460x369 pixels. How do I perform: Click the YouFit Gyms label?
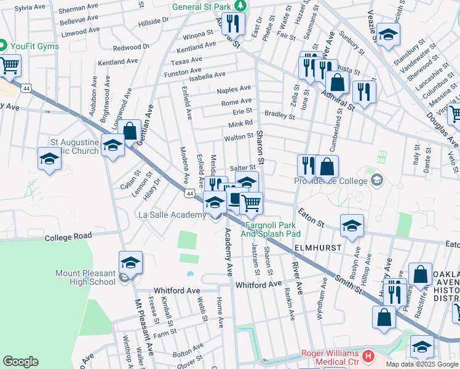[x=33, y=46]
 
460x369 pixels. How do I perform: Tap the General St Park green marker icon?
[x=241, y=6]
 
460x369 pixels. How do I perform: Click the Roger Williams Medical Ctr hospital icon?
[x=368, y=355]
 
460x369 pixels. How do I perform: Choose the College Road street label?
[x=68, y=236]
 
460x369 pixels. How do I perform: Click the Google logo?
[x=21, y=361]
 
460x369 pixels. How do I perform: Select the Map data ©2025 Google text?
[x=422, y=364]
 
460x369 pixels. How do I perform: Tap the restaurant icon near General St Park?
[x=232, y=24]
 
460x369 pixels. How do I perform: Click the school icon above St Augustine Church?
[x=113, y=146]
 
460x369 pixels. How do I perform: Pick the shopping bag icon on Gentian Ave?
[x=130, y=131]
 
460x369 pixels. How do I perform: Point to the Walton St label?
[x=239, y=138]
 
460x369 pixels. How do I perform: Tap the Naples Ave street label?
[x=234, y=89]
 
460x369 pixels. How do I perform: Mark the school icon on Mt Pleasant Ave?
[x=130, y=263]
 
